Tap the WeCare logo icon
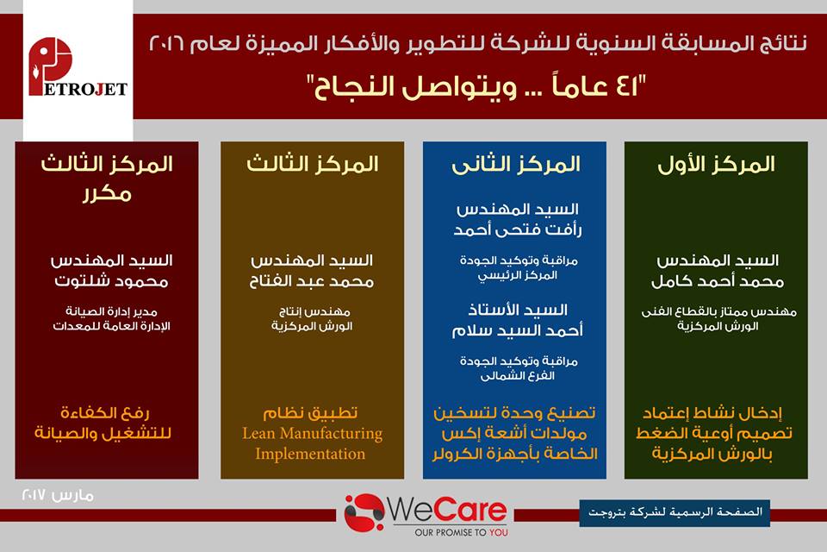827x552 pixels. point(364,512)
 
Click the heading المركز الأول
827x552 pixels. point(716,164)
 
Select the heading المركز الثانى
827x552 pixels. point(515,164)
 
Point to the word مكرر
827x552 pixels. point(107,194)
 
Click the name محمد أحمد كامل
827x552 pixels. point(718,281)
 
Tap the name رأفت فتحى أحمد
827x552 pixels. point(518,229)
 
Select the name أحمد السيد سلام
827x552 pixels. point(518,330)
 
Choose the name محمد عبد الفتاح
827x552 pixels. point(312,281)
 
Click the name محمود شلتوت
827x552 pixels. point(111,281)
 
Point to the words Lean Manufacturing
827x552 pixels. point(312,434)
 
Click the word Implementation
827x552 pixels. point(310,455)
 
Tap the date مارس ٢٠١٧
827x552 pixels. point(58,495)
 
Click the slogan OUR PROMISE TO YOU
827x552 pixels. point(461,532)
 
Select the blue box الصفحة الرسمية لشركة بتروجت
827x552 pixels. point(675,512)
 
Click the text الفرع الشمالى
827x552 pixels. point(518,376)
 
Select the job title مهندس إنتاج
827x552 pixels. point(314,311)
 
